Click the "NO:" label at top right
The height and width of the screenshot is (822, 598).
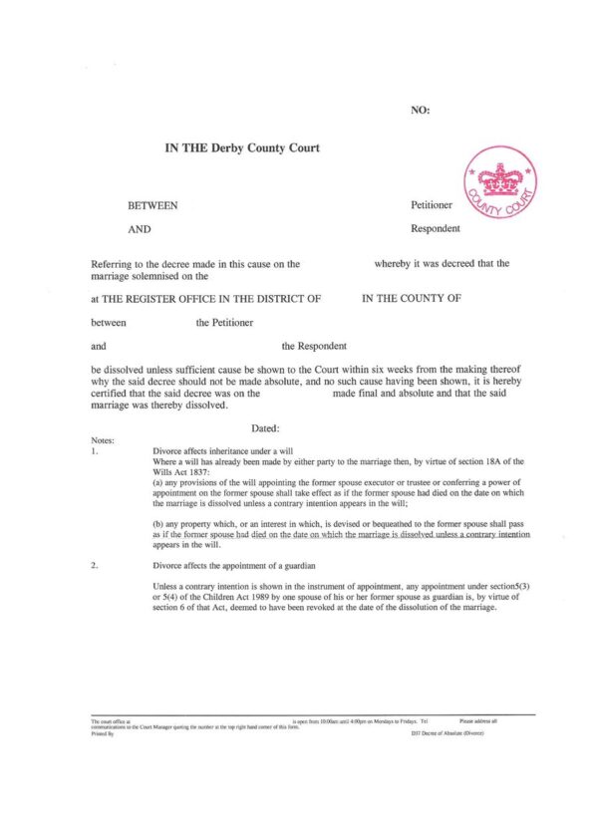[x=420, y=110]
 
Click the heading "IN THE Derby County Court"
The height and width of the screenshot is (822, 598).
[x=242, y=148]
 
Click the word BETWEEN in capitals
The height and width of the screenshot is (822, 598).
[x=152, y=205]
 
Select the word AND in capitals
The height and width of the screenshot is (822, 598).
[x=140, y=228]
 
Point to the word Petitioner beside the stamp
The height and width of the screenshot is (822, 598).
[x=432, y=205]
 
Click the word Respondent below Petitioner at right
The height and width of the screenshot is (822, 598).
[x=436, y=228]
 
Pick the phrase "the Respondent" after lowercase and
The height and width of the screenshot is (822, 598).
[x=314, y=347]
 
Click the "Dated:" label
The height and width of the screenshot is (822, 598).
[x=266, y=426]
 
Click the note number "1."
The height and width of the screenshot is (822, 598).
[x=94, y=450]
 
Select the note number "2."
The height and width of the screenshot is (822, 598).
[x=94, y=565]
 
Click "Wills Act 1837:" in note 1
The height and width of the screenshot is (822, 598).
[x=180, y=472]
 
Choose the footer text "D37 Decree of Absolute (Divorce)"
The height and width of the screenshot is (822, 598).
[x=448, y=732]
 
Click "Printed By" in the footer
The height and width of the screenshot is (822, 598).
[x=103, y=732]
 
